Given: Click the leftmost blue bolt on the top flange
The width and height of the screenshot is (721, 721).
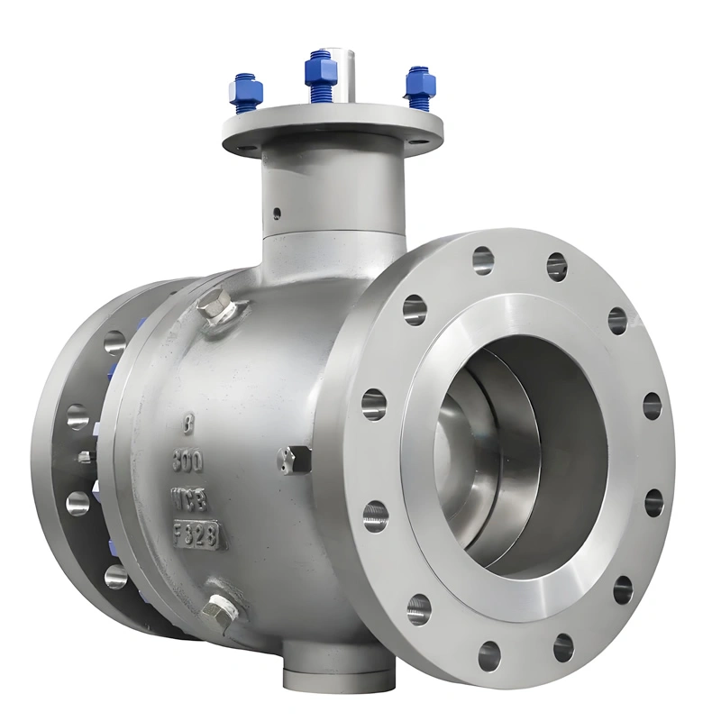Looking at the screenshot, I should click(x=245, y=91).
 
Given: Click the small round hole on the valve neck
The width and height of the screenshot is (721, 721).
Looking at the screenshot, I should click(x=278, y=214).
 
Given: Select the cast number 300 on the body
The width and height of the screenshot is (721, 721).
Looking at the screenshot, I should click(x=187, y=461).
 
